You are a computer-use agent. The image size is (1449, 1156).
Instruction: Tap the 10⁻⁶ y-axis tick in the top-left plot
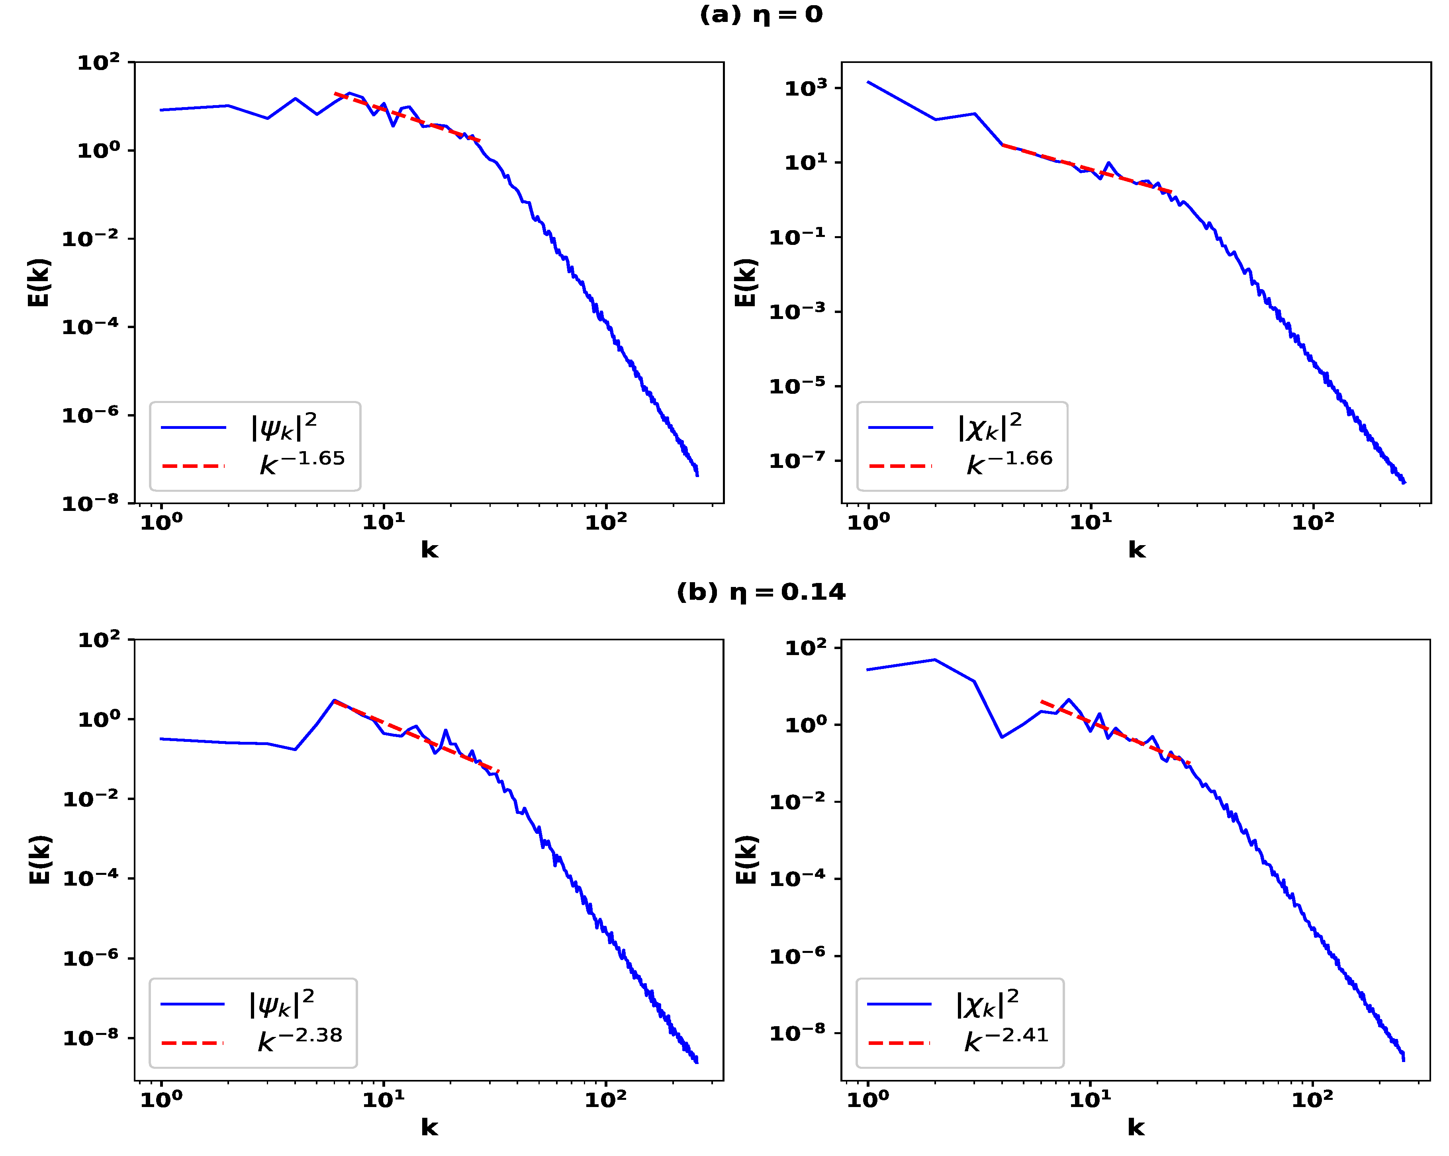pos(90,415)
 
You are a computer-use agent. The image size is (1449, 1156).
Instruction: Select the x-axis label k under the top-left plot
pos(429,550)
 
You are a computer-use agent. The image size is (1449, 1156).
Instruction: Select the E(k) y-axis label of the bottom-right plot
pos(747,860)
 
